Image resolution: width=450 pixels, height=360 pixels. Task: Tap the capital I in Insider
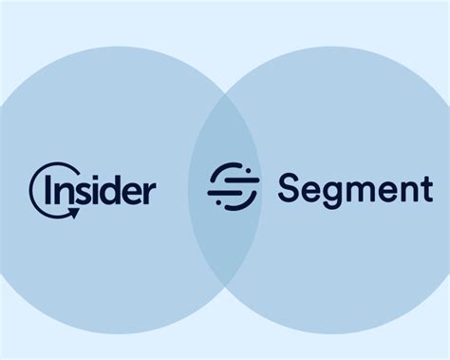pos(52,188)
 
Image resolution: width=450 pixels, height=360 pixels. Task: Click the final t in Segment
pos(425,188)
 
